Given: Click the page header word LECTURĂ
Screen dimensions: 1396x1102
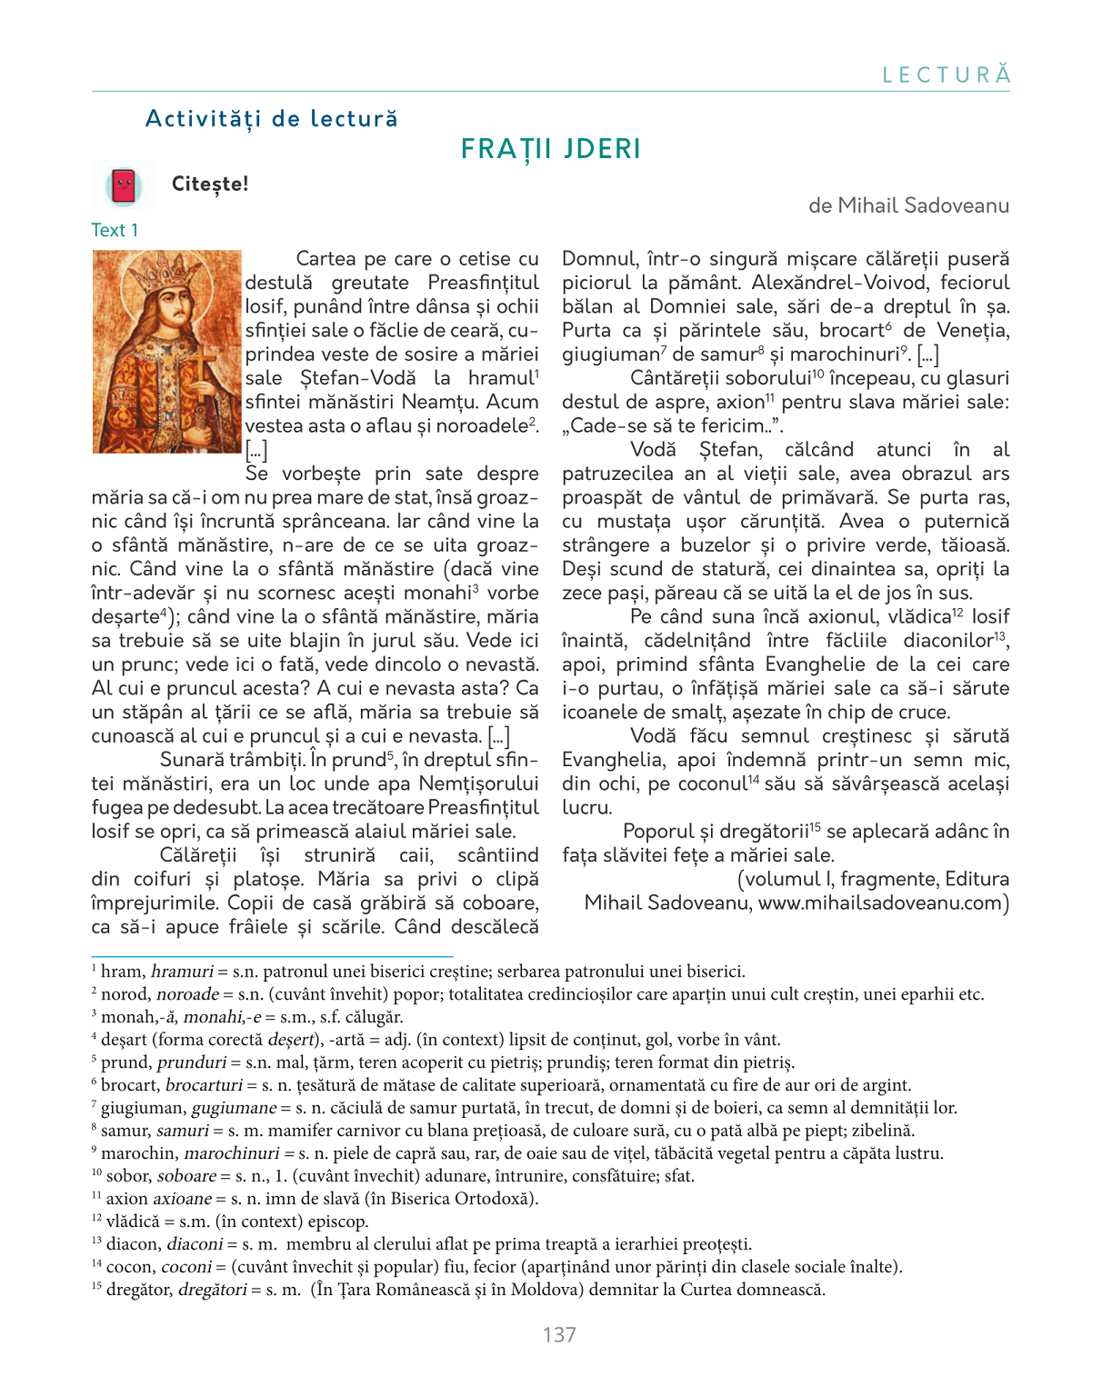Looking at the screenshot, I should [947, 75].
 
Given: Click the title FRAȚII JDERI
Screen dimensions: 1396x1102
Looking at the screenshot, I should [551, 149].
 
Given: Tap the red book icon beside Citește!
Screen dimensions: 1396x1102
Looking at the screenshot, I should [124, 185].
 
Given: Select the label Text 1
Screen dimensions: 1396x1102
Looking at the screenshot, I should [115, 231].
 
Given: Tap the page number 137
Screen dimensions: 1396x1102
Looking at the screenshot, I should [559, 1334].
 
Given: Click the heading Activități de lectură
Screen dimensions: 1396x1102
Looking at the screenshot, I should [272, 119].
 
